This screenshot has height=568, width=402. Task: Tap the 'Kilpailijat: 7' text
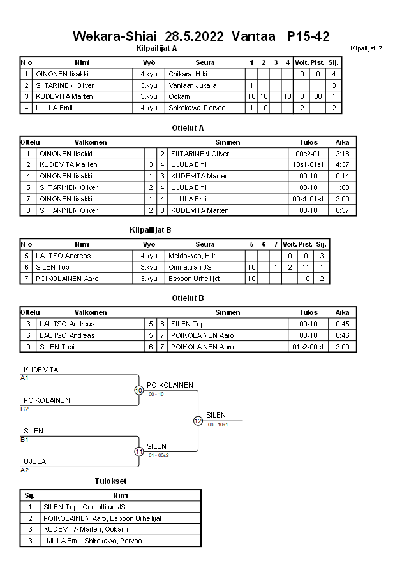[x=366, y=48]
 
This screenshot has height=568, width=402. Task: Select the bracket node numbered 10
[x=138, y=390]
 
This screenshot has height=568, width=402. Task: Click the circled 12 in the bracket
[x=198, y=421]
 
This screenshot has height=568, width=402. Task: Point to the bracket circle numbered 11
[x=138, y=451]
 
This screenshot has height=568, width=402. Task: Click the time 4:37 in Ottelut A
[x=343, y=164]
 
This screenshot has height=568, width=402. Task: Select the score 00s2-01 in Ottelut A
[x=308, y=154]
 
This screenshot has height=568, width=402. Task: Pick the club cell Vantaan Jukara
[x=192, y=85]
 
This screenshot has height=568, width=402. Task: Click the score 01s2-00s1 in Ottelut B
[x=308, y=347]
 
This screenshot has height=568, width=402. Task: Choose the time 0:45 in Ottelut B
[x=343, y=324]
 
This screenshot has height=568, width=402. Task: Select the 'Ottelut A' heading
[x=188, y=127]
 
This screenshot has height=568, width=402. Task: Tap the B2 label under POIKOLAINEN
[x=25, y=409]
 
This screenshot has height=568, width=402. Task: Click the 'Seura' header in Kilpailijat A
[x=205, y=62]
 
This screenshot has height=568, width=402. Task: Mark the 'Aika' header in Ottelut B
[x=343, y=312]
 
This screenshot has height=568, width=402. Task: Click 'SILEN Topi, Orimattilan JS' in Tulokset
[x=84, y=507]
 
